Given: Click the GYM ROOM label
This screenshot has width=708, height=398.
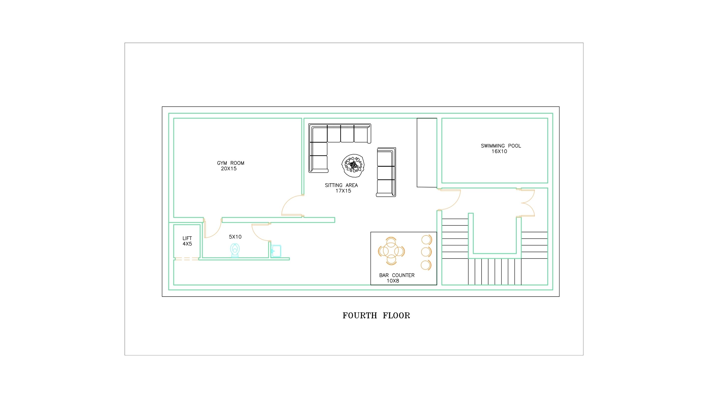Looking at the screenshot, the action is (231, 163).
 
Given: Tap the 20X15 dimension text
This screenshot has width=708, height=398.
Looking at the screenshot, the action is (229, 169).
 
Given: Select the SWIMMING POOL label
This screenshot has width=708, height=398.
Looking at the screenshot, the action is (501, 146).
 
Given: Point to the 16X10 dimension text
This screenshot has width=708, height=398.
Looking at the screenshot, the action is (499, 151).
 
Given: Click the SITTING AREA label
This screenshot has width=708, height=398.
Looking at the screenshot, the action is (341, 185).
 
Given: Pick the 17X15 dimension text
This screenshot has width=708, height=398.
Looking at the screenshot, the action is (343, 191).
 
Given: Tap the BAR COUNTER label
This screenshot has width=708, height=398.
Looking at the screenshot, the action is (397, 275).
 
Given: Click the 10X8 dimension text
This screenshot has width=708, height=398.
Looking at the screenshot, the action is (393, 281).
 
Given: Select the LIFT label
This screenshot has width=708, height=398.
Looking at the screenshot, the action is (187, 238).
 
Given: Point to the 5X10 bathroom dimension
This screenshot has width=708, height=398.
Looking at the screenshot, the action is (235, 237).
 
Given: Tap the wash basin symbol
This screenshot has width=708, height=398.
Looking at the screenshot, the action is (276, 251).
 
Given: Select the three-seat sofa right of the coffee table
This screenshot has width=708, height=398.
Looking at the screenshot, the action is (386, 172).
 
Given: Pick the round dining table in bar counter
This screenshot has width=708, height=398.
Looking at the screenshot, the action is (391, 251).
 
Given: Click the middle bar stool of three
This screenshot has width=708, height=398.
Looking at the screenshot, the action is (426, 252).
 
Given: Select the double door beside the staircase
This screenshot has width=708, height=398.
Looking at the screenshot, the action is (526, 203).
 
